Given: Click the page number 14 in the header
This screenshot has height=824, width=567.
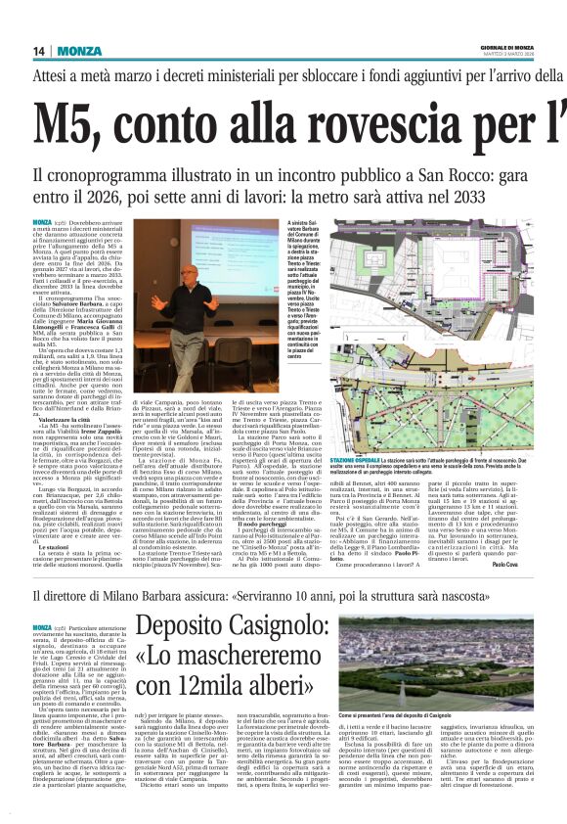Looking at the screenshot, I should coord(39,51).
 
